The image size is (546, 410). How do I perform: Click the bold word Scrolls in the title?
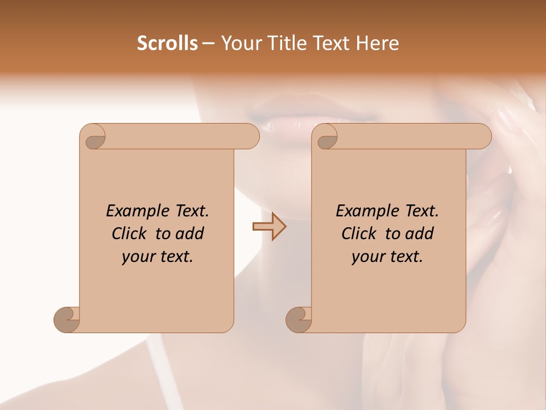[x=167, y=43]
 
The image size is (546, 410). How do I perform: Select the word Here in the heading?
[x=377, y=43]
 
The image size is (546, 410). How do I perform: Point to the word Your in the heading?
[x=240, y=43]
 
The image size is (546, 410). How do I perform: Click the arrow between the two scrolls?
[x=269, y=227]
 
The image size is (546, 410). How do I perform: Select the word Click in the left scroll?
[x=129, y=234]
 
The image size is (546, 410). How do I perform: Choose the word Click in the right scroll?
[x=359, y=234]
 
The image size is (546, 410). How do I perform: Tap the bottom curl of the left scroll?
[x=66, y=319]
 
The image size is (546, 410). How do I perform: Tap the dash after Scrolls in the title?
[x=209, y=44]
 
